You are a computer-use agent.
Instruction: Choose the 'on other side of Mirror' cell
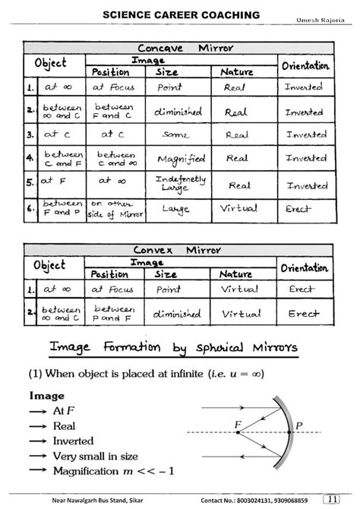tap(112, 209)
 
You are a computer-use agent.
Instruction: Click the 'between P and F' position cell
tap(115, 313)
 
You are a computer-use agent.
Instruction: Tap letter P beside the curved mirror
tap(298, 425)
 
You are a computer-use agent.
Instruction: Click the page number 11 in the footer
tap(330, 499)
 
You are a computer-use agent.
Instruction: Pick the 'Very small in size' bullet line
tap(95, 456)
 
